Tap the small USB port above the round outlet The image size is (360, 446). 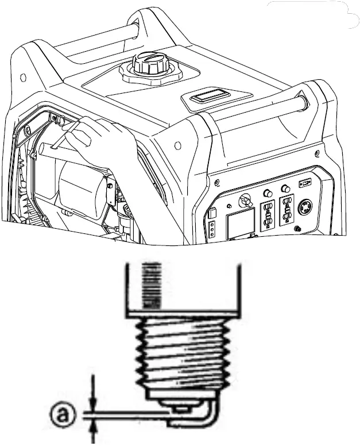[304, 184]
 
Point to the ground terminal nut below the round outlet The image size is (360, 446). [297, 229]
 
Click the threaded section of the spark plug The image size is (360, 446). [183, 356]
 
